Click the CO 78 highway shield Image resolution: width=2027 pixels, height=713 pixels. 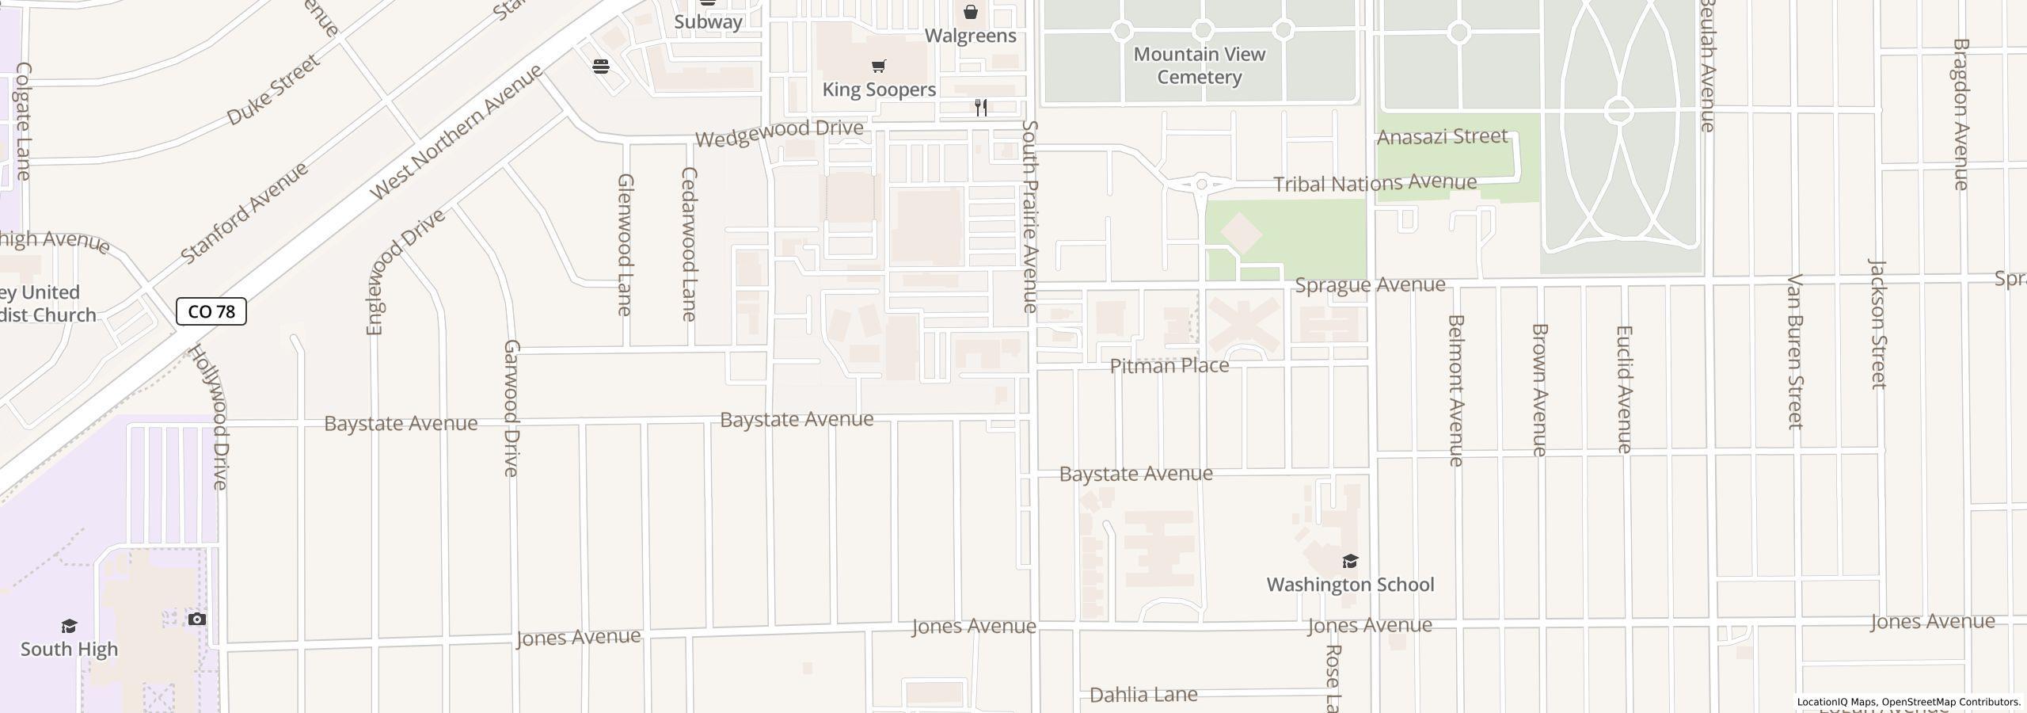(211, 311)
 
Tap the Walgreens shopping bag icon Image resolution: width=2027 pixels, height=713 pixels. (970, 12)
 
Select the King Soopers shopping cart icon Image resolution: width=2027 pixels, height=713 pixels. (878, 66)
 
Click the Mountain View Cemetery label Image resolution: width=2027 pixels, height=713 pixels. (1199, 66)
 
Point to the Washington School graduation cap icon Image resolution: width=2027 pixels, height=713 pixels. (1349, 562)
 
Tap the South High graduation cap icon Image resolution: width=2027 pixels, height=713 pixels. (69, 626)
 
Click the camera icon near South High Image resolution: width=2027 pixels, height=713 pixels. (196, 619)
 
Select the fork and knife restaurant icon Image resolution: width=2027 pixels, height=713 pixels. (981, 107)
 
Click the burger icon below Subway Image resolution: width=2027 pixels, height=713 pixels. (601, 66)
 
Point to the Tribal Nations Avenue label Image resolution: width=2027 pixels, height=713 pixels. (1375, 183)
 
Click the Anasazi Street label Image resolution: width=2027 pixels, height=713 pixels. (1442, 137)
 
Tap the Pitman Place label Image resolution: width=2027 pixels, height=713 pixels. (1169, 366)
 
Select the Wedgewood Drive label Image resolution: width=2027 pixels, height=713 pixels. (779, 132)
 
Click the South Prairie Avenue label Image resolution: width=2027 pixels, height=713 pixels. (1029, 216)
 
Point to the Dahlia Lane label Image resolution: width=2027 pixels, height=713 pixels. (1143, 695)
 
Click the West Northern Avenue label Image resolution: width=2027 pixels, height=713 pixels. (456, 132)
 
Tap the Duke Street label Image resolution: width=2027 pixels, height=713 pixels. (273, 90)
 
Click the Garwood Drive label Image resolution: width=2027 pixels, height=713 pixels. (512, 408)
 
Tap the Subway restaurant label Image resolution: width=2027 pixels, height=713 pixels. (708, 21)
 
